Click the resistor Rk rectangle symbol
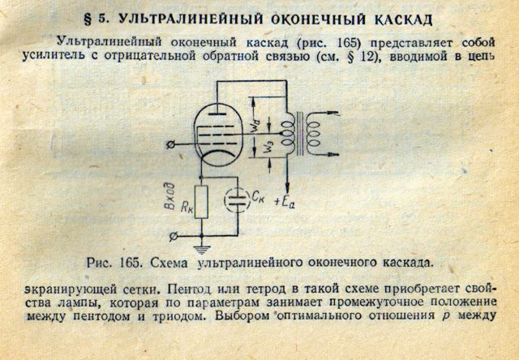coord(201,202)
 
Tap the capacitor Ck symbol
coord(238,200)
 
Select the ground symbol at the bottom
coord(202,250)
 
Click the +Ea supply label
coord(285,202)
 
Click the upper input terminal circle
coord(170,144)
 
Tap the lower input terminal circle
coord(174,236)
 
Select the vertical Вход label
coord(169,196)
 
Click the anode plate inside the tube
coord(217,114)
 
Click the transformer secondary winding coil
coord(313,135)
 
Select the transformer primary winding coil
coord(289,134)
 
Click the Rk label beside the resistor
coord(187,207)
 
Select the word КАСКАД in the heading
coord(404,19)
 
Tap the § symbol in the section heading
coord(88,19)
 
